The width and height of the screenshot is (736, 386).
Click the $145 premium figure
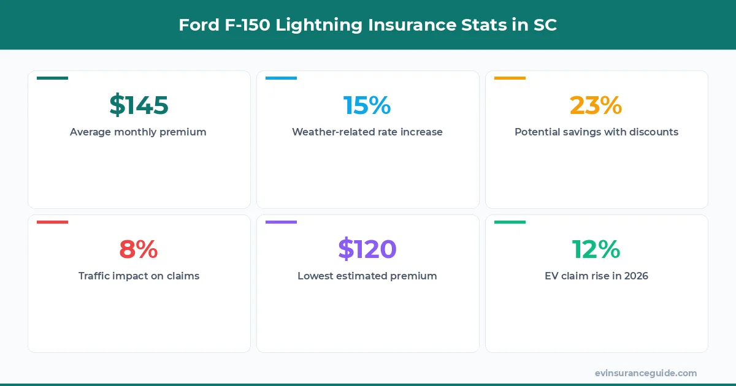(x=139, y=105)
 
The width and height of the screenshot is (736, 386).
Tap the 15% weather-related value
(x=367, y=105)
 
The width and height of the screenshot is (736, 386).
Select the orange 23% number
(x=596, y=105)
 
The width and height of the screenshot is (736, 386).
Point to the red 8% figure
(x=139, y=249)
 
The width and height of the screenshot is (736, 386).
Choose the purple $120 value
(x=367, y=249)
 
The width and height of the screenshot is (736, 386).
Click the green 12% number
(x=596, y=249)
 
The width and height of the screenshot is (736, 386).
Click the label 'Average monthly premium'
(x=138, y=132)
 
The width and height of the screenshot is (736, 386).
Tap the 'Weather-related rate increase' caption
(x=367, y=132)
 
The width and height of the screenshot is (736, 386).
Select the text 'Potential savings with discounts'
(x=596, y=132)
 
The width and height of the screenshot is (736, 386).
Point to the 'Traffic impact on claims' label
(x=139, y=276)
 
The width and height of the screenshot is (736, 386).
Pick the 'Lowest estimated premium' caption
(x=367, y=276)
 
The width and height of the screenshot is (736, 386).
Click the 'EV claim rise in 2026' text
(x=596, y=276)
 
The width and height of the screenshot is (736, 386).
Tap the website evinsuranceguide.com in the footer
(x=645, y=373)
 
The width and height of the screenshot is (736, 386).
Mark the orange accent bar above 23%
(x=510, y=78)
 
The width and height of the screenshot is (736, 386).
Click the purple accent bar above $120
(x=281, y=222)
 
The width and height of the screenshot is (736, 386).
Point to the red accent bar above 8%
(x=52, y=222)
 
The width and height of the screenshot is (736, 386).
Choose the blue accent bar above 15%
(x=281, y=78)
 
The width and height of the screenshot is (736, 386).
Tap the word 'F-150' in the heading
(x=239, y=25)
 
